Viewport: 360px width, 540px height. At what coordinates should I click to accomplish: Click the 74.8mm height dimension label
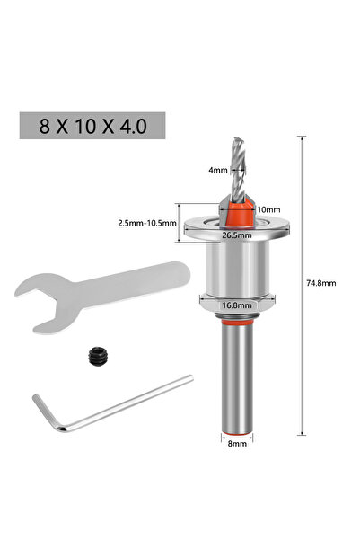coord(320,280)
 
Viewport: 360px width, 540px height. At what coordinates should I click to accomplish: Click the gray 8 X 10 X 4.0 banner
coord(92,125)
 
